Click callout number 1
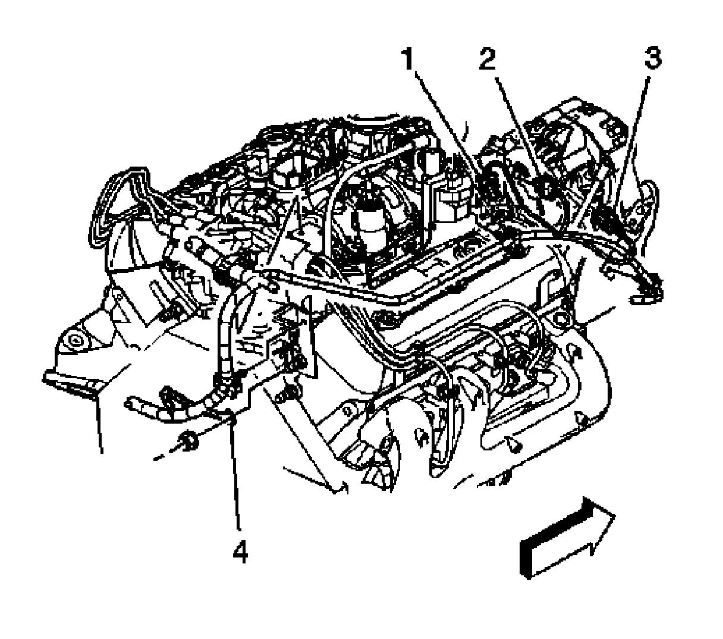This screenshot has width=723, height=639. [407, 59]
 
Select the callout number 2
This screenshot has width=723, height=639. [487, 59]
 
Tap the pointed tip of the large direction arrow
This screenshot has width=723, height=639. [615, 515]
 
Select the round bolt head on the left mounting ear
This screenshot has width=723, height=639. [76, 340]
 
